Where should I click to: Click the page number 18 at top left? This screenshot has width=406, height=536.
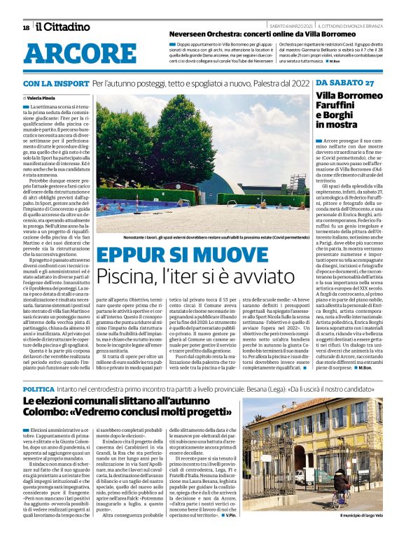pos(26,27)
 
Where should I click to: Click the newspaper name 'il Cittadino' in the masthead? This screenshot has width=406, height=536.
pos(63,27)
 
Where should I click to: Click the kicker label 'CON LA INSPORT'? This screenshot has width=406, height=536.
pos(55,83)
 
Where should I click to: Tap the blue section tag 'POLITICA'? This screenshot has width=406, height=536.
pos(38,388)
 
